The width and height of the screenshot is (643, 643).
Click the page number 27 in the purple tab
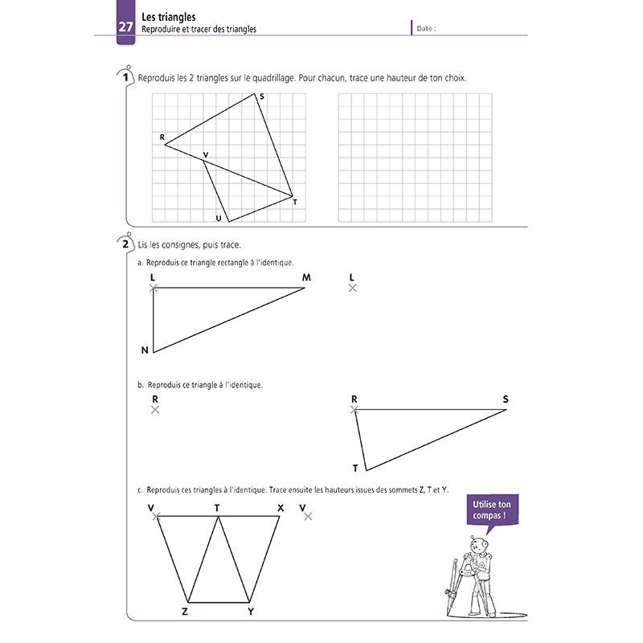pyautogui.click(x=126, y=27)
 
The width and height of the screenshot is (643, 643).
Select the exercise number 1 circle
pyautogui.click(x=125, y=78)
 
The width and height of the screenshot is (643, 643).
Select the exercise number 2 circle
pyautogui.click(x=125, y=244)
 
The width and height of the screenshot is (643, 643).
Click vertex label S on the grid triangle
pyautogui.click(x=262, y=96)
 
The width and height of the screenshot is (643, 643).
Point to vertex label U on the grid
pyautogui.click(x=218, y=218)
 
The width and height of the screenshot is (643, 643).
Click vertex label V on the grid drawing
pyautogui.click(x=206, y=154)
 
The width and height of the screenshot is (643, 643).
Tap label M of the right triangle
pyautogui.click(x=306, y=277)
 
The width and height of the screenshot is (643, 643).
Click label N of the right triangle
pyautogui.click(x=145, y=350)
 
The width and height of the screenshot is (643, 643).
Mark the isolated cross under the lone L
pyautogui.click(x=352, y=288)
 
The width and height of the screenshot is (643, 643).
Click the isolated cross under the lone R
pyautogui.click(x=155, y=410)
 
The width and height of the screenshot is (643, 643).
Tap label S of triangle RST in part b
pyautogui.click(x=506, y=399)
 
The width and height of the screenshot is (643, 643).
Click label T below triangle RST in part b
pyautogui.click(x=355, y=468)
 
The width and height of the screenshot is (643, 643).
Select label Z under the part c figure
pyautogui.click(x=185, y=612)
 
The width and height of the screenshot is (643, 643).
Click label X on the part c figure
pyautogui.click(x=280, y=507)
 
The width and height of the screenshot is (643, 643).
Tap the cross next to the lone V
pyautogui.click(x=308, y=517)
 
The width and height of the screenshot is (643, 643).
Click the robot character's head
pyautogui.click(x=481, y=548)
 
